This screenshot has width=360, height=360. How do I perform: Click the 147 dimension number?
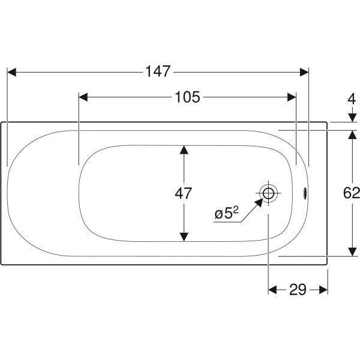158,71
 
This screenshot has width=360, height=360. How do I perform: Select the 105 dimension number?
187,97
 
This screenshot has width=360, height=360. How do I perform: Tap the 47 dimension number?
183,193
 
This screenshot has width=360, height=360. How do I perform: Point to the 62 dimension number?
351,193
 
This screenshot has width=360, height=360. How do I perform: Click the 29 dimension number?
298,290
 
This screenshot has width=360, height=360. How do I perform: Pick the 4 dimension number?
352,100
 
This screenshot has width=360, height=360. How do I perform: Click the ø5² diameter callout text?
227,213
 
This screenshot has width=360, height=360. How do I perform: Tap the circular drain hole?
268,193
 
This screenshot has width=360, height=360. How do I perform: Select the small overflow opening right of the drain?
305,193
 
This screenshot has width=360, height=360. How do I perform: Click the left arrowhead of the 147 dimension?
12,72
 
